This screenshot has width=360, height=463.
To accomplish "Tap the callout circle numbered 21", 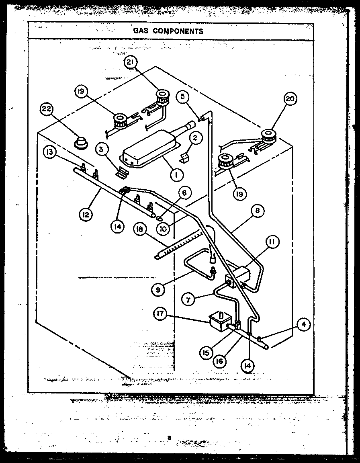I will coord(131,63).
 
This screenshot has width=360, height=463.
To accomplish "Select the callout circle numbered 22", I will coord(47,109).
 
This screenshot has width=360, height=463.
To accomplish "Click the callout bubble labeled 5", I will coord(182,96).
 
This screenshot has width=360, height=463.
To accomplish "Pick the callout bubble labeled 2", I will coord(195,138).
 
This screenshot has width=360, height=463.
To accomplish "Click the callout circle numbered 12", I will coord(86,214).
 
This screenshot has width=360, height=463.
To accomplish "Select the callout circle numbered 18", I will coord(139,229).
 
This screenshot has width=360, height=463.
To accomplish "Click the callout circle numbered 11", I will coord(272,242).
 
